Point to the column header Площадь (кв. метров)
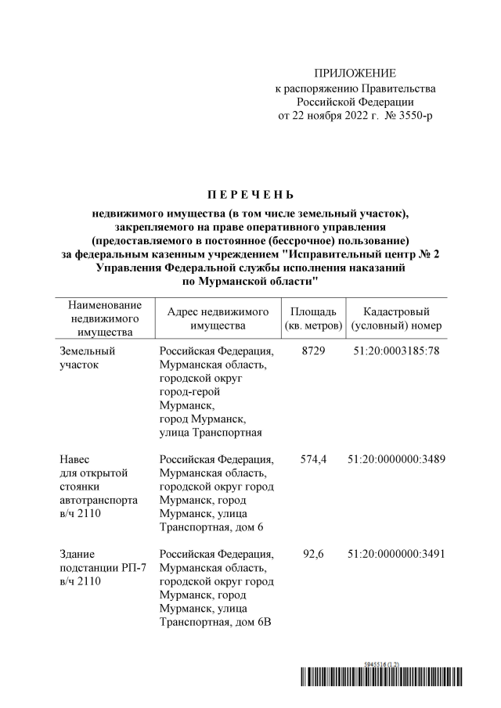pyautogui.click(x=312, y=318)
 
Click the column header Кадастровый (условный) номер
pyautogui.click(x=397, y=318)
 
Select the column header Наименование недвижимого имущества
pyautogui.click(x=105, y=318)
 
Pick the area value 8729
pyautogui.click(x=312, y=350)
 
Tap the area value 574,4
pyautogui.click(x=312, y=459)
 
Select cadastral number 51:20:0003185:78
pyautogui.click(x=397, y=350)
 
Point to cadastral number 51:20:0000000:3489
pyautogui.click(x=397, y=459)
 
